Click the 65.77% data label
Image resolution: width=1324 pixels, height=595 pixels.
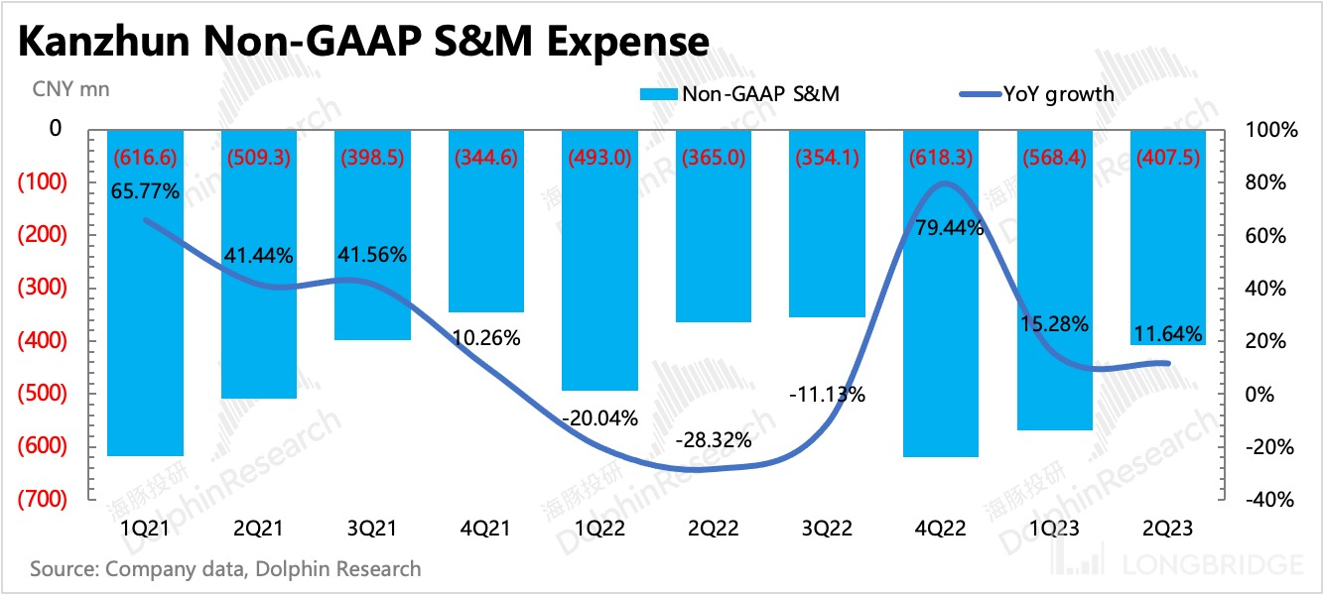coord(146,192)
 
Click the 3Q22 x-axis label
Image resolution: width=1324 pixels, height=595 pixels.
coord(827,527)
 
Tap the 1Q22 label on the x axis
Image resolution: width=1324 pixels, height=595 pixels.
coord(599,527)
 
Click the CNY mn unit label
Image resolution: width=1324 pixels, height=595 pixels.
coord(71,89)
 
